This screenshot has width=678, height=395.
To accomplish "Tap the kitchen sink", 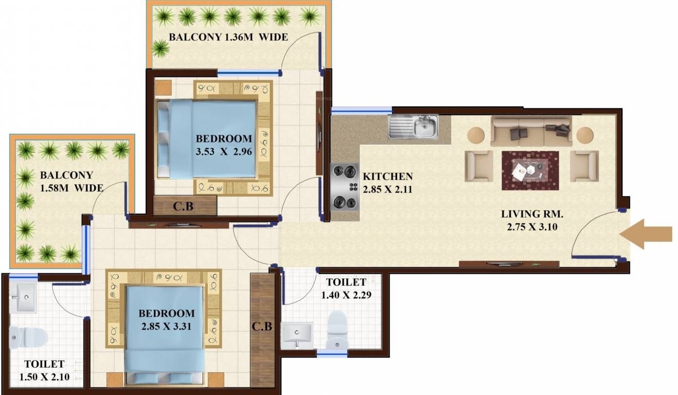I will pyautogui.click(x=413, y=127).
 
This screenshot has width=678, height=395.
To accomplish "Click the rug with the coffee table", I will pyautogui.click(x=530, y=170).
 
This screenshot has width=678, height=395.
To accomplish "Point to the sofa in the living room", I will pyautogui.click(x=531, y=132).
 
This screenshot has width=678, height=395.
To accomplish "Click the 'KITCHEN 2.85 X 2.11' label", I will pyautogui.click(x=387, y=183).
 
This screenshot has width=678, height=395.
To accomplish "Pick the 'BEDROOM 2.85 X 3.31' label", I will pyautogui.click(x=166, y=319).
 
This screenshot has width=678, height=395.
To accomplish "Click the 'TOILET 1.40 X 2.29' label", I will pyautogui.click(x=346, y=289).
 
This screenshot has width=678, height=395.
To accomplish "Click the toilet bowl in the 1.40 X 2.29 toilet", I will pyautogui.click(x=338, y=329).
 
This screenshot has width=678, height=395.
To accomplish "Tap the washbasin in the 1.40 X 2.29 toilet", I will pyautogui.click(x=297, y=335).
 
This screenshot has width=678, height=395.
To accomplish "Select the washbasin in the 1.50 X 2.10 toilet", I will pyautogui.click(x=25, y=297).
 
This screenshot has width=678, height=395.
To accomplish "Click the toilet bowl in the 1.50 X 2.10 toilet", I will pyautogui.click(x=28, y=337).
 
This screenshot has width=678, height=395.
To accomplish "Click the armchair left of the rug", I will pyautogui.click(x=479, y=166).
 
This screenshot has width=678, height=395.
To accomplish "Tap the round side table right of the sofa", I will pyautogui.click(x=585, y=135).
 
